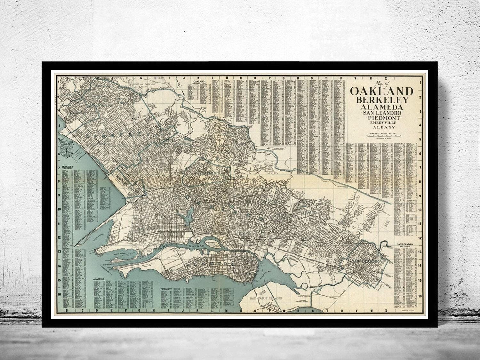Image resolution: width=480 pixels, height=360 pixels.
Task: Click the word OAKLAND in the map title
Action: click(382, 91)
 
